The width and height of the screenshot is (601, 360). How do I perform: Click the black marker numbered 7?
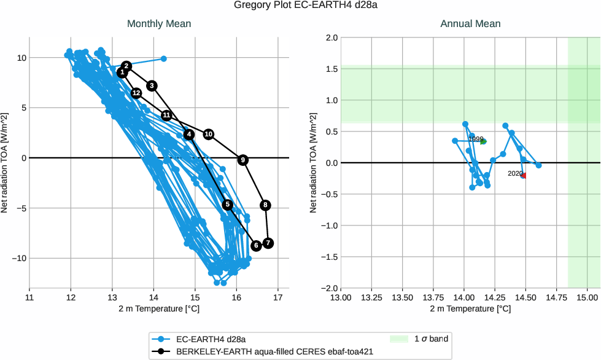click(x=268, y=243)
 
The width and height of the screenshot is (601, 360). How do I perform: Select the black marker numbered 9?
click(x=243, y=160)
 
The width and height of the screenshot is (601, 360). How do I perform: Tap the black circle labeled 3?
click(x=152, y=85)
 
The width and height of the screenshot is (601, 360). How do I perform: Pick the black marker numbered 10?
click(x=209, y=134)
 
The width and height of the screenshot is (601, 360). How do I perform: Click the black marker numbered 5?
click(x=228, y=205)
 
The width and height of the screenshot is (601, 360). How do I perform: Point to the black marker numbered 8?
click(x=265, y=205)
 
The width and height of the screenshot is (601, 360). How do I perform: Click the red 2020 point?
click(x=524, y=176)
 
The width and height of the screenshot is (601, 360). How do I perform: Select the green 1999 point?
click(x=484, y=141)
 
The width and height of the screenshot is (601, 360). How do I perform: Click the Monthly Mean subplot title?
click(x=159, y=24)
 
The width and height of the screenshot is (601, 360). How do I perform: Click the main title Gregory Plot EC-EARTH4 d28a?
click(x=300, y=6)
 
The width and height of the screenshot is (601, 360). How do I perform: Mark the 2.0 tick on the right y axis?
click(x=330, y=37)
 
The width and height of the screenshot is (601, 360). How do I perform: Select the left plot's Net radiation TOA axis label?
click(x=5, y=163)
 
